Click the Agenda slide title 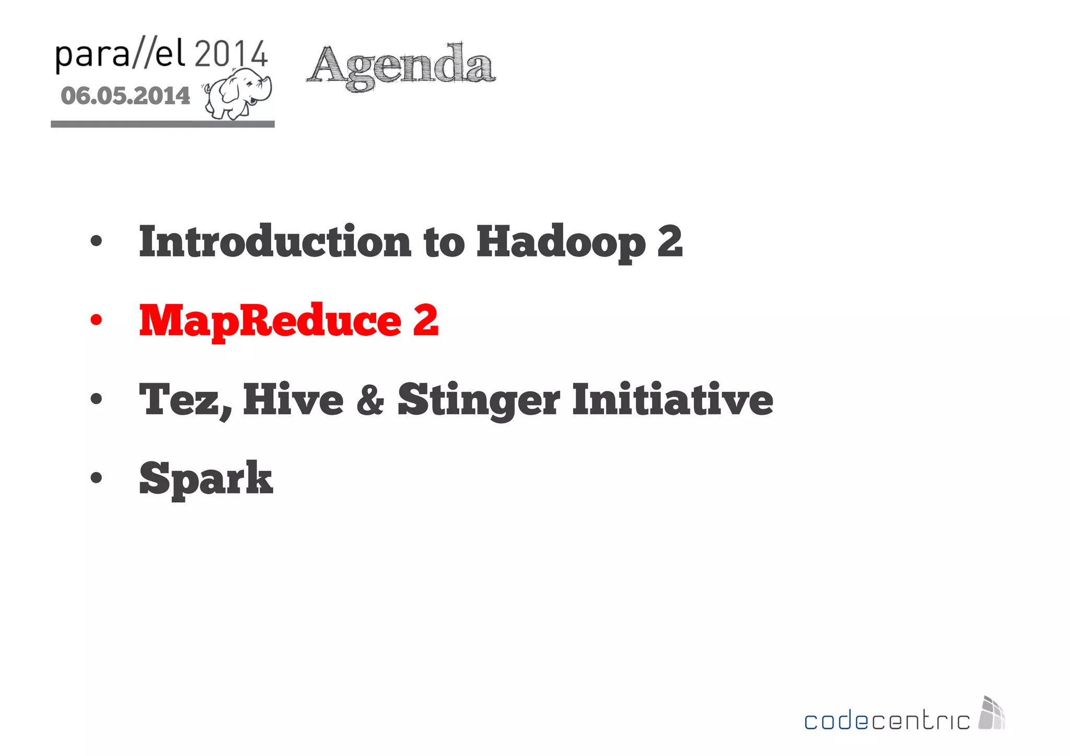[401, 67]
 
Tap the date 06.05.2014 [125, 96]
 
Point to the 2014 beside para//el [231, 54]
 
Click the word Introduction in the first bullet [275, 241]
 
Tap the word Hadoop [561, 242]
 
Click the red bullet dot [96, 320]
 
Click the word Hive [293, 400]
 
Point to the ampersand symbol [370, 400]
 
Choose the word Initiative [672, 400]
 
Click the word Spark [206, 479]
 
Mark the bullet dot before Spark [96, 478]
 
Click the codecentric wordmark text [887, 721]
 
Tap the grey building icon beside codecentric [992, 713]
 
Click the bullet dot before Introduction [96, 241]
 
